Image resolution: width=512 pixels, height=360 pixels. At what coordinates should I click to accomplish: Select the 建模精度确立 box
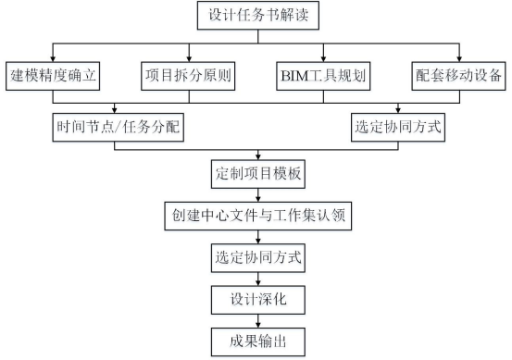54,73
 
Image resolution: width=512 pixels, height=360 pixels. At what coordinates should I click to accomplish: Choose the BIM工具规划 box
323,73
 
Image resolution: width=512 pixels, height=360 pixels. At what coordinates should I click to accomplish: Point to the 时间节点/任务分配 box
116,126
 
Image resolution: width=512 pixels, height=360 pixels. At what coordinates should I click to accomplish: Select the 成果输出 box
256,340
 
